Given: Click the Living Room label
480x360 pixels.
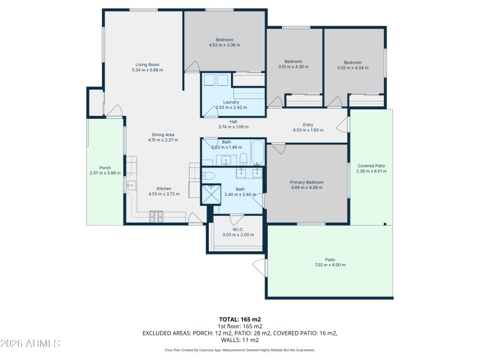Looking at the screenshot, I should (147, 65).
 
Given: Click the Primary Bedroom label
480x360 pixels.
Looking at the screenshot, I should (307, 182).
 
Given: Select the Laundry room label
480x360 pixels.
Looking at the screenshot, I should (231, 103).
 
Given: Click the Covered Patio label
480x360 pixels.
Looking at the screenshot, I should (371, 166).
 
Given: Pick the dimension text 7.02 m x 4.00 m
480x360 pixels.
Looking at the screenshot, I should (330, 265).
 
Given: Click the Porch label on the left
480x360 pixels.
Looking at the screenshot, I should (105, 168).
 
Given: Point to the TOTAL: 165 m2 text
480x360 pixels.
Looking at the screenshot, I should (240, 319).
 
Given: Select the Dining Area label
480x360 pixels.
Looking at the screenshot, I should (163, 135).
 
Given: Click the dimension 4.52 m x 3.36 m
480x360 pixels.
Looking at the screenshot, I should (224, 45).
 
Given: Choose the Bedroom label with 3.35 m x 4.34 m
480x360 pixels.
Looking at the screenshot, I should (353, 62).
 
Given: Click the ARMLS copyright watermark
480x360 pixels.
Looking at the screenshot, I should (30, 344).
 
